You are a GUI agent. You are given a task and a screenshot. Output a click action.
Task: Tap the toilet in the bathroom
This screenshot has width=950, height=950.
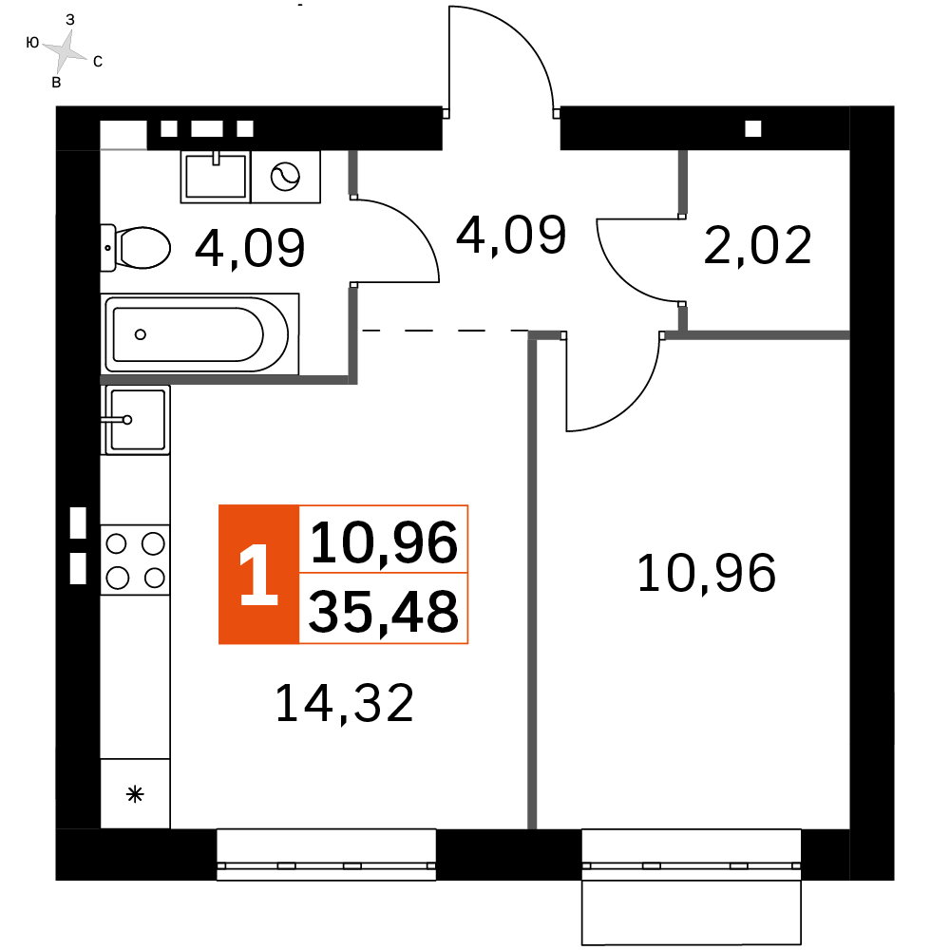click(135, 247)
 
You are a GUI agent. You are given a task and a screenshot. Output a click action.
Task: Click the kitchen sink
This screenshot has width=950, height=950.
click(135, 418)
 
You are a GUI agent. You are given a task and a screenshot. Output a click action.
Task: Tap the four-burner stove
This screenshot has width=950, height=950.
click(135, 560)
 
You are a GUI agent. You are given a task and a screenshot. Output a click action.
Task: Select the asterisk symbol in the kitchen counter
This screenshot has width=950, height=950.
click(135, 794)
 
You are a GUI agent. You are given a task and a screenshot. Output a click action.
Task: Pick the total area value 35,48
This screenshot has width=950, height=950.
click(384, 610)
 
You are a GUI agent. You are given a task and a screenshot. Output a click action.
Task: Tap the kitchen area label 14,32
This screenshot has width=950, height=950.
click(345, 704)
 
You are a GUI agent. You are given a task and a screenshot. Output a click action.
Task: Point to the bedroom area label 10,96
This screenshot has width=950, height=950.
click(707, 573)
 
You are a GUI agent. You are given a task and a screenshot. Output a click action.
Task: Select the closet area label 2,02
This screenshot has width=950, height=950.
click(758, 246)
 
